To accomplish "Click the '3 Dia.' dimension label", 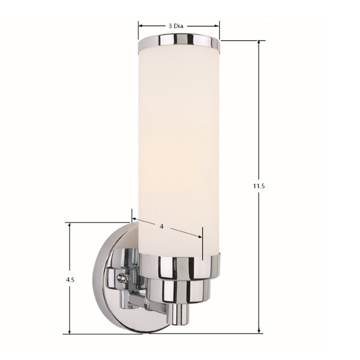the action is click(x=176, y=26).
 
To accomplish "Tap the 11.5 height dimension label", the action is click(x=259, y=186).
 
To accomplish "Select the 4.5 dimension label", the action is click(x=70, y=280).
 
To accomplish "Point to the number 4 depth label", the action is click(x=161, y=226).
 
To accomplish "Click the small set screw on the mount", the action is click(x=123, y=278).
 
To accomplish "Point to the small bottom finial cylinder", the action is click(x=180, y=314).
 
